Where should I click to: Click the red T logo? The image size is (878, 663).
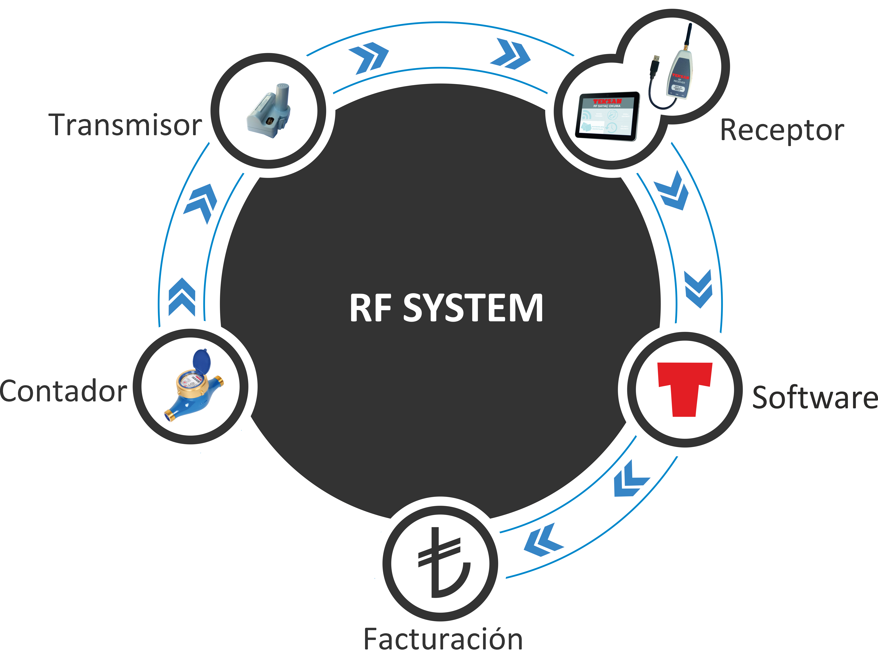click(685, 389)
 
